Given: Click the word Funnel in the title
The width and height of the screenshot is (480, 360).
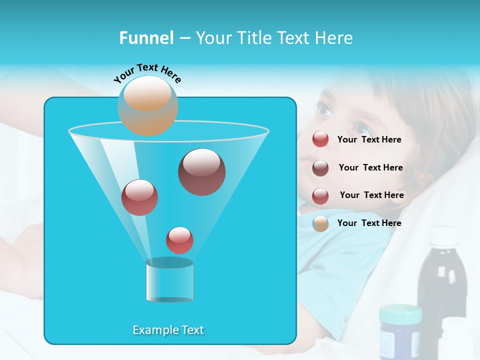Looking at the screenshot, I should (x=146, y=38).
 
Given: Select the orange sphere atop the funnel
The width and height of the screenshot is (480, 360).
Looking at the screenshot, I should (x=148, y=105).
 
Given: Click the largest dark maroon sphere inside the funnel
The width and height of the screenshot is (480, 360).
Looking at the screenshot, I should (x=201, y=172).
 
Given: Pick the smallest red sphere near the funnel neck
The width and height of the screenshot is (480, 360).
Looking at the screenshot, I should (x=179, y=240).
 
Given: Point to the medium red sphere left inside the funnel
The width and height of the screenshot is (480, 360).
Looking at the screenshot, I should (x=139, y=197).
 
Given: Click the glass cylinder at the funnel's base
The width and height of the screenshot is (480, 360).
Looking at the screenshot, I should (x=169, y=282).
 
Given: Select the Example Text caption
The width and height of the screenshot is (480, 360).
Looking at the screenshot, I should (x=168, y=330).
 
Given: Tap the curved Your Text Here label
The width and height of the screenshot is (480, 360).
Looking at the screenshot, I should (x=147, y=73).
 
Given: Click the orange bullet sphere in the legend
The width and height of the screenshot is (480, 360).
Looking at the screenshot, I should (x=320, y=223).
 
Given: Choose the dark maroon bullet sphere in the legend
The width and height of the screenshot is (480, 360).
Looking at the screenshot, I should (x=320, y=168).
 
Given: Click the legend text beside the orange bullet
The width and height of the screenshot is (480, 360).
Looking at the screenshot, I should (x=369, y=223).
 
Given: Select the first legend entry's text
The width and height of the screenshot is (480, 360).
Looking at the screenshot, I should (x=369, y=140).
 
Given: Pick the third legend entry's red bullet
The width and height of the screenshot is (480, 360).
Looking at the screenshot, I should (x=320, y=196).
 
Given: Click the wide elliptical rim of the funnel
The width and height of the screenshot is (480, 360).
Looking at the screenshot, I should (x=168, y=131).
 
